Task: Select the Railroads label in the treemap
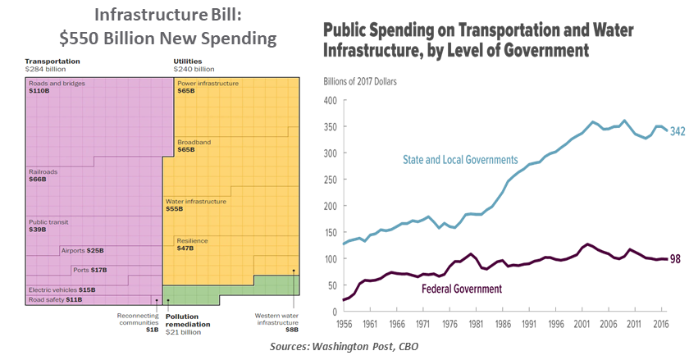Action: pos(43,171)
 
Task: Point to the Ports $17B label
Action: pos(91,270)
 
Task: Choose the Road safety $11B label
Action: pos(56,300)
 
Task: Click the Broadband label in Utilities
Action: pos(195,142)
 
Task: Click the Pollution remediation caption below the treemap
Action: pos(188,319)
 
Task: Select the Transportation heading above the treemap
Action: pos(52,62)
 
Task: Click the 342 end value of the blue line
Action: pos(678,131)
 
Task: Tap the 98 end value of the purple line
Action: pos(675,259)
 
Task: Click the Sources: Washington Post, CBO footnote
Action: pos(344,347)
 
